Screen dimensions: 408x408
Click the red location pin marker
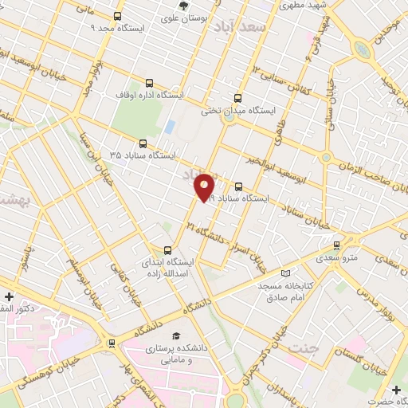click(x=205, y=188)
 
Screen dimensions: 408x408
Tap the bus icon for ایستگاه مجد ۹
click(x=118, y=16)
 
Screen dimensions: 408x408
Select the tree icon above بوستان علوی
click(x=184, y=6)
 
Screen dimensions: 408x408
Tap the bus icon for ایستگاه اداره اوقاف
click(x=149, y=83)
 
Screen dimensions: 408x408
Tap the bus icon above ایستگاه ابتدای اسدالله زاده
click(x=167, y=249)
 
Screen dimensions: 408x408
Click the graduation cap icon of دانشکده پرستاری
click(x=175, y=336)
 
